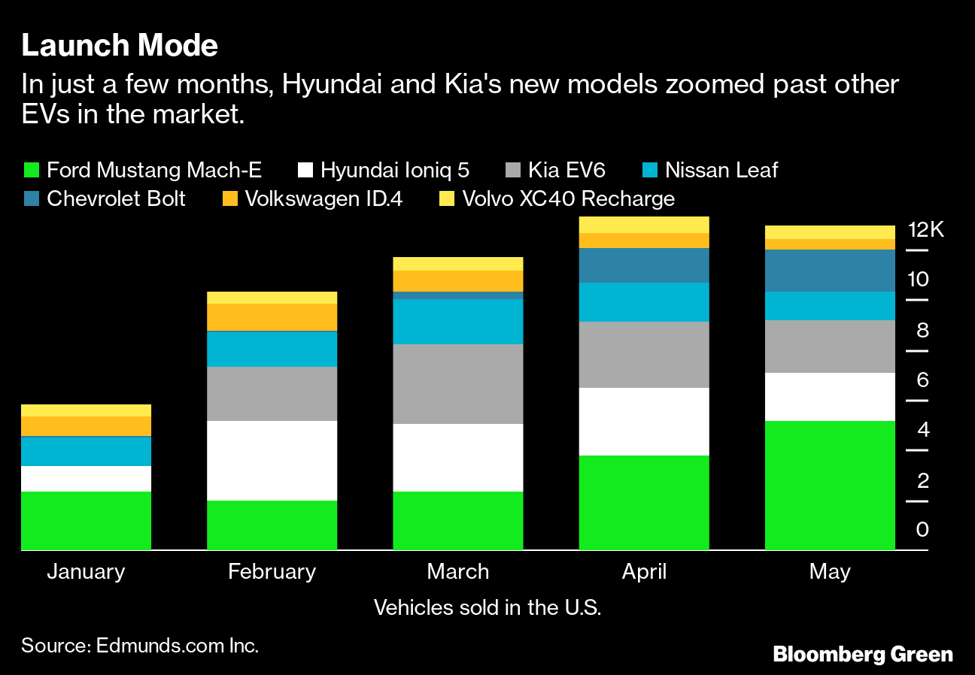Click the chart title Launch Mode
click(120, 47)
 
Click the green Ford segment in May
click(830, 485)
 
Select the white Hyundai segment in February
click(272, 460)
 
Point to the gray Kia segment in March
click(457, 383)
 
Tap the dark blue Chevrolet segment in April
click(644, 265)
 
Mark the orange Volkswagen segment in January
click(86, 425)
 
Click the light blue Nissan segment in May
click(830, 305)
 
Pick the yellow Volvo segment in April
click(644, 224)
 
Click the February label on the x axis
click(272, 571)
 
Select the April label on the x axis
click(644, 571)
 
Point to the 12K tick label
click(925, 230)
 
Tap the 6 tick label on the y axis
click(923, 380)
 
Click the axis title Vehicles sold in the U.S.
click(487, 607)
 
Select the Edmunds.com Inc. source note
click(140, 646)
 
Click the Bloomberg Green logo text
click(863, 654)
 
